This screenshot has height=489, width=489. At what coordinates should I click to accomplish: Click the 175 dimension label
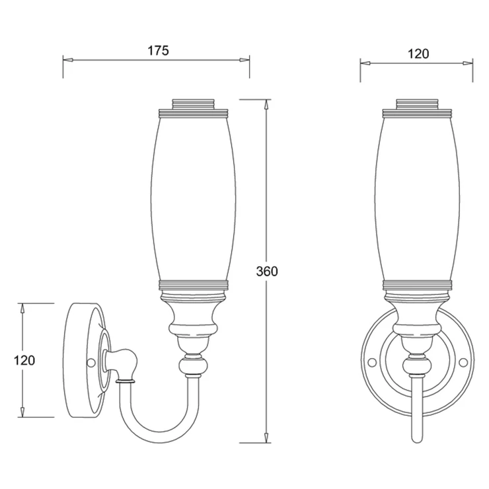(158, 50)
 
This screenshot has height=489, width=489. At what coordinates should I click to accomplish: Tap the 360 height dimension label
(267, 272)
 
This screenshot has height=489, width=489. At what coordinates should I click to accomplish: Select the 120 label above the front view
(418, 54)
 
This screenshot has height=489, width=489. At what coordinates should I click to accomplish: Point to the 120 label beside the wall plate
(24, 361)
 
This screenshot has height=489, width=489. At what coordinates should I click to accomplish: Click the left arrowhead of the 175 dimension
(68, 60)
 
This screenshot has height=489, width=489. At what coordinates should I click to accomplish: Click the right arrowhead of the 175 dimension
(244, 60)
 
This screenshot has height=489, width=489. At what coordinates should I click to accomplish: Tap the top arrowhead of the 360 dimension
(266, 104)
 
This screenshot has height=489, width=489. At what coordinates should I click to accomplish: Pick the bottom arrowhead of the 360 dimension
(266, 437)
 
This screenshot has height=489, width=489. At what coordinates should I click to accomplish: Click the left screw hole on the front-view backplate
(372, 361)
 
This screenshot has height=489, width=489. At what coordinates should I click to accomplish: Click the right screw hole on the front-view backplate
(463, 361)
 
